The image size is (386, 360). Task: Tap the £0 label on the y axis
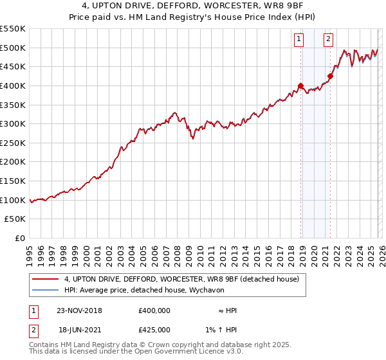(21, 239)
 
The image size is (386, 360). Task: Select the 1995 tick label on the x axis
(30, 252)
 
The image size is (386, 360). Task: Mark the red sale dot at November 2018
(300, 85)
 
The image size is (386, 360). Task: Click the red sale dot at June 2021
(330, 76)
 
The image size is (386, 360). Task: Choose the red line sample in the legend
(45, 280)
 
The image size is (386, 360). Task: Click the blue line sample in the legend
(45, 291)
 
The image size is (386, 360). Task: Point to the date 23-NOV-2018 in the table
(80, 310)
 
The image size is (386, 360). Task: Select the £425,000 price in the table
(154, 329)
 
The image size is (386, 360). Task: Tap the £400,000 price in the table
(154, 310)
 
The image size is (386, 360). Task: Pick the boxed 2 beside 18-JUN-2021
(33, 329)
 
